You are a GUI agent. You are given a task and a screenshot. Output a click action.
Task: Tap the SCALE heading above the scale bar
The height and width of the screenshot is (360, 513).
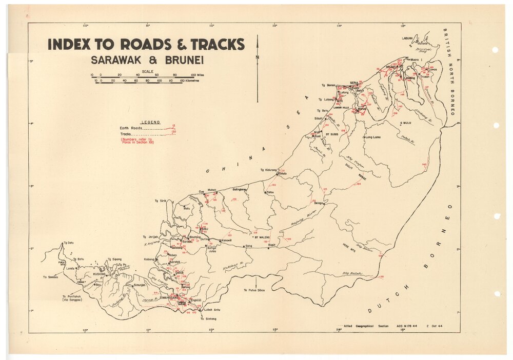coord(147,71)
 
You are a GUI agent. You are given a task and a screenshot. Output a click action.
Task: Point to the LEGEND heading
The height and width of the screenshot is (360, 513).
coord(150,123)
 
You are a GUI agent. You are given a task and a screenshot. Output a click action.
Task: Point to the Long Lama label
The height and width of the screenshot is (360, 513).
coord(372,137)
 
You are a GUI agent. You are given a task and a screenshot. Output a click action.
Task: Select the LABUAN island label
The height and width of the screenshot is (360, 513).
coord(407,37)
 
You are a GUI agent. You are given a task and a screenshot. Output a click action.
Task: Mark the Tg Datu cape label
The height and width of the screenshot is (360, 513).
coord(69,243)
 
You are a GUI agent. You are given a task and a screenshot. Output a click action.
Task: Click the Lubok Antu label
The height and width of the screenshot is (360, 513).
coord(212,310)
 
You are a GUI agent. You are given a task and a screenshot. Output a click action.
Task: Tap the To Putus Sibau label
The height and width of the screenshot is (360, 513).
coord(254,290)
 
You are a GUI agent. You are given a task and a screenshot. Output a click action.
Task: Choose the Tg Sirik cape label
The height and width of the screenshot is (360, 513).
coord(163,201)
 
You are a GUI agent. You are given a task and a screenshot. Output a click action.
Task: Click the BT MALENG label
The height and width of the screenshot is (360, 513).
coord(263,237)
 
